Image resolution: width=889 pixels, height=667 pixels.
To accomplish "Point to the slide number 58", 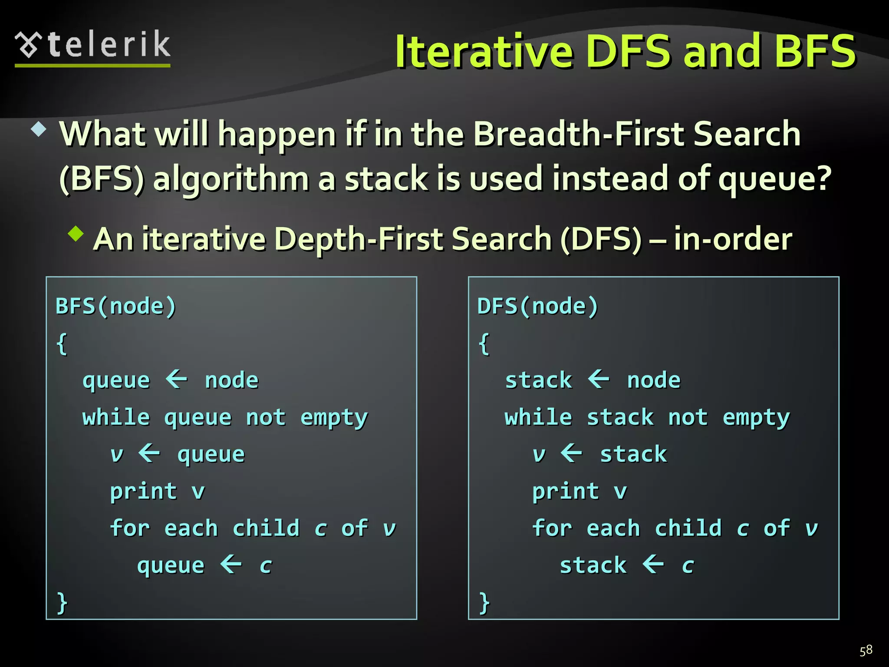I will point(866,650).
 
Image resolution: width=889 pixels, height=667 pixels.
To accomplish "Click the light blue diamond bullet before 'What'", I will point(39,129).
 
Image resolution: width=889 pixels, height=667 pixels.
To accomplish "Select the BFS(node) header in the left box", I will point(116,306).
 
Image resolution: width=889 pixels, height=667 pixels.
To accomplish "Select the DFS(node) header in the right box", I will point(537,306).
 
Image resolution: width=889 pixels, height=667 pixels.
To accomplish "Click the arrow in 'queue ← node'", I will point(177,379).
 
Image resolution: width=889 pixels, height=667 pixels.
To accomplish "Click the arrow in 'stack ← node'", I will point(599,379).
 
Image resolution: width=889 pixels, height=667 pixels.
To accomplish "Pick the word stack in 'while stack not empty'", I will point(620,417).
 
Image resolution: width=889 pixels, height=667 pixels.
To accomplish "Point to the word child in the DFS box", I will point(688,528).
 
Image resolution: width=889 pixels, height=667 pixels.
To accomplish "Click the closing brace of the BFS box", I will point(62,603).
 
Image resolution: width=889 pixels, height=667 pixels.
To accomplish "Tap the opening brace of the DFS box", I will point(484,344).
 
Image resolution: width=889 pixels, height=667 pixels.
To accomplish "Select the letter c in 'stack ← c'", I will point(688,566).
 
